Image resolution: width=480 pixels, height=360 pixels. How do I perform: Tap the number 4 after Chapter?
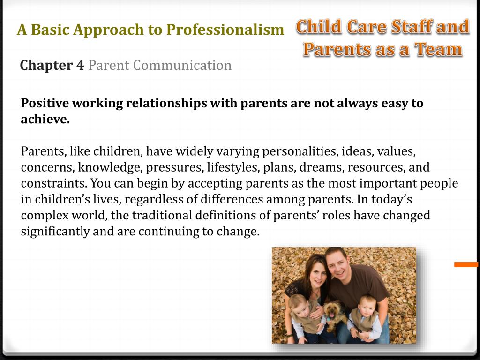[80, 65]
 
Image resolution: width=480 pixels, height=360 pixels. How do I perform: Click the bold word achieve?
[45, 120]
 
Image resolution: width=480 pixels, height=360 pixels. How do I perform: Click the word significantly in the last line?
[55, 231]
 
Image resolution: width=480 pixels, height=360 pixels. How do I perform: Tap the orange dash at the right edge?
[466, 265]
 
